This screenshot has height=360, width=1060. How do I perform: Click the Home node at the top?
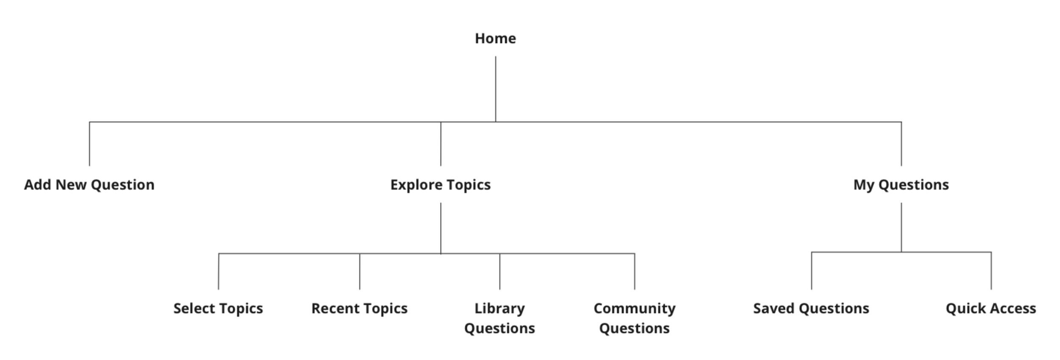point(495,39)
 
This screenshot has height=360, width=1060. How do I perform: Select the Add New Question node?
point(89,185)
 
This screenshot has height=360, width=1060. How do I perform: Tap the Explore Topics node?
point(440,185)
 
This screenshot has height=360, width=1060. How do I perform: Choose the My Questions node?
point(901,185)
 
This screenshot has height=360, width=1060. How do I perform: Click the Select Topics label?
point(218,308)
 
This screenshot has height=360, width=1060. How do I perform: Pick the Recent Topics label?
point(359,308)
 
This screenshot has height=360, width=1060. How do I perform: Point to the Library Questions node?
point(499,318)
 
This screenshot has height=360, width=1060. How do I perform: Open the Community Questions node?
point(634,318)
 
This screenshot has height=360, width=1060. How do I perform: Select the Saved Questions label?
point(811,308)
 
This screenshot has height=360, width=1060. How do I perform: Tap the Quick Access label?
point(990,308)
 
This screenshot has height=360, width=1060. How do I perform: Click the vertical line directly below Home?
point(496,89)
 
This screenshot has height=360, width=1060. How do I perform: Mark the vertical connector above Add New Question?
point(89,144)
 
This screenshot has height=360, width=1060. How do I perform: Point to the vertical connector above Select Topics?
point(219,271)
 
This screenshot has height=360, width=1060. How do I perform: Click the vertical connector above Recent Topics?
point(360,271)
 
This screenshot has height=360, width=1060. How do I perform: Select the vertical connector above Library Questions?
point(500,271)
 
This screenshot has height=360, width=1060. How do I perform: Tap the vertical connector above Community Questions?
point(635,271)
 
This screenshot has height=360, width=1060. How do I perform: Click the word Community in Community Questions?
point(634,308)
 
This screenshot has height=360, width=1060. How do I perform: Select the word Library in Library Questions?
point(499,308)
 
